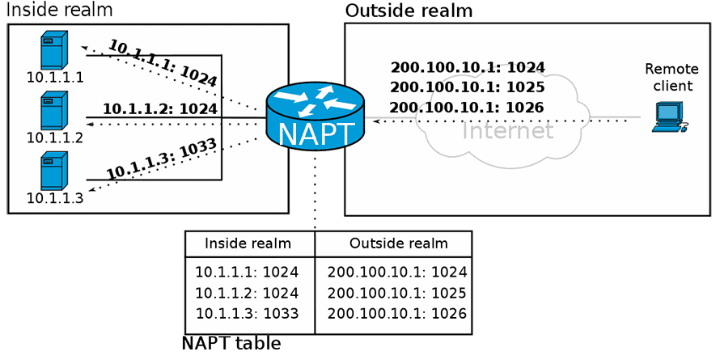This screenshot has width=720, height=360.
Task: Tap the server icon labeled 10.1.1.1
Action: (54, 50)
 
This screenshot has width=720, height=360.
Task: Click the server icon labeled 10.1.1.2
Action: (54, 111)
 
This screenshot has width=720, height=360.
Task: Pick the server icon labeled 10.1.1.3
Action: (54, 172)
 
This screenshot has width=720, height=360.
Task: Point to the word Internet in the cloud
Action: (507, 130)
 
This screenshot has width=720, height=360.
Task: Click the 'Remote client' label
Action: (671, 77)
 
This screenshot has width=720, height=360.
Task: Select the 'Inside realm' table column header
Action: (248, 243)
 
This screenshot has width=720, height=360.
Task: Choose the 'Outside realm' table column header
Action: (398, 243)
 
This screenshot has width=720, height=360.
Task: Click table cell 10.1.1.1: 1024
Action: (247, 272)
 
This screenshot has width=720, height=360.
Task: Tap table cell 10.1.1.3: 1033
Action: (247, 314)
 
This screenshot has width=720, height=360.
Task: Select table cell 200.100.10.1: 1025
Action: (397, 293)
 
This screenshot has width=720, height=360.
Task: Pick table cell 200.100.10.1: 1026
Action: (397, 314)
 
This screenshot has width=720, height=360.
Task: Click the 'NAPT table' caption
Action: (231, 344)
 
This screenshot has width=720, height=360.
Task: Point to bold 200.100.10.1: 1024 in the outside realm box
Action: (468, 67)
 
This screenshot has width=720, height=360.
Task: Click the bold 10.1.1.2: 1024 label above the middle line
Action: (160, 109)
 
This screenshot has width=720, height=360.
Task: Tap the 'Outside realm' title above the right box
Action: (409, 10)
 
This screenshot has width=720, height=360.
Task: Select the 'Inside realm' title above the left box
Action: (60, 9)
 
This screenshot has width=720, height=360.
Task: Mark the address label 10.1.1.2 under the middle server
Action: (55, 138)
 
